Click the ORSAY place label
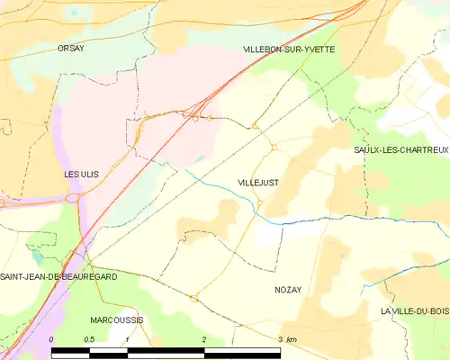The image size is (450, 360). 70,49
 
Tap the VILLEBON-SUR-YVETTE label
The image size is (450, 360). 289,49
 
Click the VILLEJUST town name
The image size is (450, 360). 258,183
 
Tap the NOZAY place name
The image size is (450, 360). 289,290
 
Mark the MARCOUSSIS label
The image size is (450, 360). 117,319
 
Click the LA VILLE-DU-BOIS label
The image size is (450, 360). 414,311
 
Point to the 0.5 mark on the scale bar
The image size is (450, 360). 89,338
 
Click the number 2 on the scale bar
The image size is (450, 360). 204,338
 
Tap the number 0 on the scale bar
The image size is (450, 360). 52,338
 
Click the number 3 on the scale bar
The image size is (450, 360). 281,338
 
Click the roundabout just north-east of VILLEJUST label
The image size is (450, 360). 273,147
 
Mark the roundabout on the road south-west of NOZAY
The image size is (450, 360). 193,298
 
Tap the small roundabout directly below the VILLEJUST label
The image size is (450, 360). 259,202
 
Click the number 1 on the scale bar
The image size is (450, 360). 128,338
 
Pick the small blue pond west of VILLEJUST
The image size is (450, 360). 200,159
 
